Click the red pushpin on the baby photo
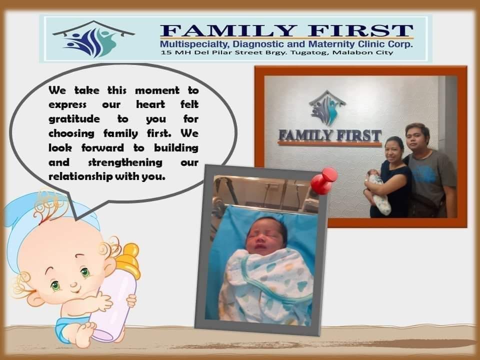[324, 180]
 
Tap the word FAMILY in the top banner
[228, 31]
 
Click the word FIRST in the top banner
[360, 31]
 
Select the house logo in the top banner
[93, 39]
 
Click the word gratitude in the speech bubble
[74, 119]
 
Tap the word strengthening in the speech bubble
[125, 162]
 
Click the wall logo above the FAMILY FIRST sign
[327, 108]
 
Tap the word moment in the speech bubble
[157, 90]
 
